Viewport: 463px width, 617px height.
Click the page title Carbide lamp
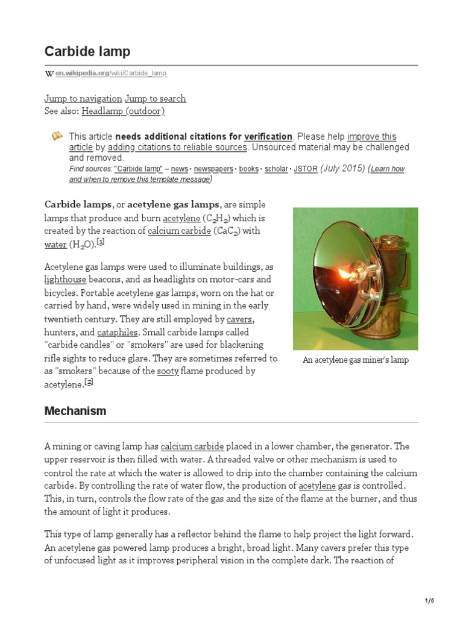87,51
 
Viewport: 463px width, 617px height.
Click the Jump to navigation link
83,98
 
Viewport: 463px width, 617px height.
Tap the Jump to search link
155,98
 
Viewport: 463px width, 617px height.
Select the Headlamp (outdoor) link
123,111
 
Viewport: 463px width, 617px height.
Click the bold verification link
268,137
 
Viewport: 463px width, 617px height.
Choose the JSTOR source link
305,169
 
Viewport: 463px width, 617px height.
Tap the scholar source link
276,169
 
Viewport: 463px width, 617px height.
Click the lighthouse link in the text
66,280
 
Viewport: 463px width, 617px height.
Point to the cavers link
241,319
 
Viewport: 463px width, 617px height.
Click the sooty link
168,371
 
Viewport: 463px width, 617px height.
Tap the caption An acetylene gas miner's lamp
355,360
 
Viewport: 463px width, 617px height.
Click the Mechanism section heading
75,411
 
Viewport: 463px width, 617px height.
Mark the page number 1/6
429,601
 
